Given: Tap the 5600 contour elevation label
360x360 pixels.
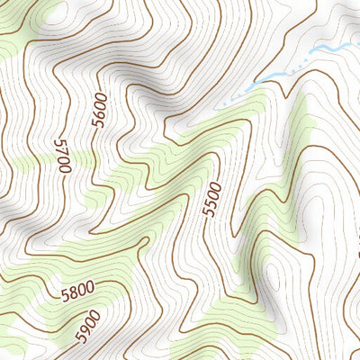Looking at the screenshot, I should [99, 110].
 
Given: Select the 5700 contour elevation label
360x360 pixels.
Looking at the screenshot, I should [62, 156].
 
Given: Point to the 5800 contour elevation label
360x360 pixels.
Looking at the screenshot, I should [78, 292].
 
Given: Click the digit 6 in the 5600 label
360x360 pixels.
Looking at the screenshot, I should [99, 112].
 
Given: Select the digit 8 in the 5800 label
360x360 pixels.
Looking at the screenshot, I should [74, 292].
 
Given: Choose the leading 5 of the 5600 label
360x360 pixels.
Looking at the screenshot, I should [99, 122].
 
